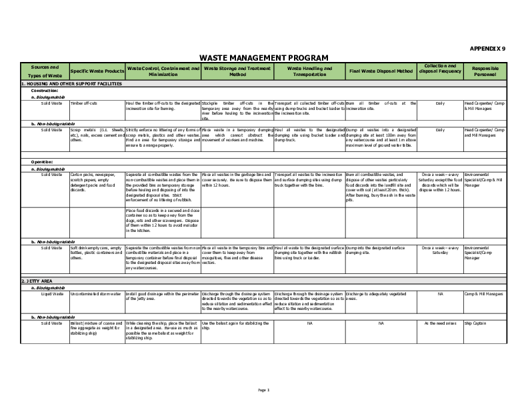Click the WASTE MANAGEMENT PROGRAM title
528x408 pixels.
click(264, 57)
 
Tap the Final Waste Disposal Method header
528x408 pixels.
click(380, 71)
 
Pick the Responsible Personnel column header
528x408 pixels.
click(485, 71)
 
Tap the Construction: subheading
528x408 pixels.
click(45, 90)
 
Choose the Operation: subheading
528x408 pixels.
click(43, 162)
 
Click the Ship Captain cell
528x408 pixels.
click(477, 323)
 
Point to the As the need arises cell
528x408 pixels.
click(439, 323)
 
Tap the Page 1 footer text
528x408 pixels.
click(263, 389)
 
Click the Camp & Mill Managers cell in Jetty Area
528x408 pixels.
click(484, 293)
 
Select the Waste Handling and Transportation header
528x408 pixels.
click(309, 71)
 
